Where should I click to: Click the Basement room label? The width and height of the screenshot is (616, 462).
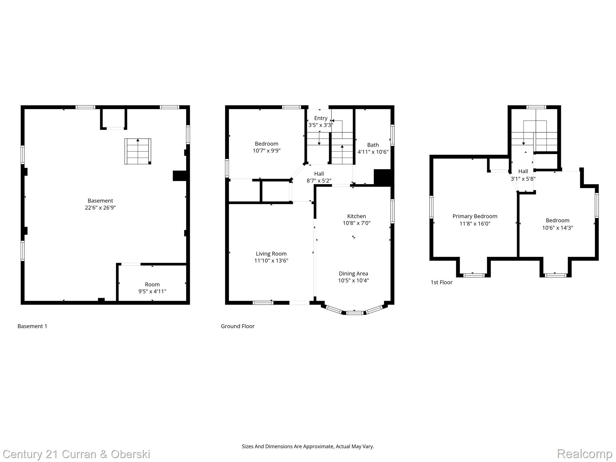coord(100,201)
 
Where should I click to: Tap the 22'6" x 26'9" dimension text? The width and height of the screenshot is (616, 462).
coord(100,208)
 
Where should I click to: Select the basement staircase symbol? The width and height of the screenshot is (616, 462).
coord(138,151)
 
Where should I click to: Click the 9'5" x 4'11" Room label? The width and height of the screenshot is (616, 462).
coord(152,288)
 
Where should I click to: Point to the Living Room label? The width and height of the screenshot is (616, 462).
coord(271,254)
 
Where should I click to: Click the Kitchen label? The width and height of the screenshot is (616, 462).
coord(356,216)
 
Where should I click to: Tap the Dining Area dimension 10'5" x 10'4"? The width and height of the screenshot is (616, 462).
coord(353,281)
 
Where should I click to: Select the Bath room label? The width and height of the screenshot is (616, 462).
coord(373,145)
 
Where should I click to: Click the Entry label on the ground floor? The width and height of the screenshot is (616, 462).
coord(321,118)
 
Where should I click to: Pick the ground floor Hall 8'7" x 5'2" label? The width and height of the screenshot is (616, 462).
coord(319,177)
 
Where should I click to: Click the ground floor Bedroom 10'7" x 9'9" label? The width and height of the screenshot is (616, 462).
coord(266,147)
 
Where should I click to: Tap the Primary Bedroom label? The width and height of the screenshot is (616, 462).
coord(475,216)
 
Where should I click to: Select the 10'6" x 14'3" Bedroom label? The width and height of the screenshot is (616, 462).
coord(557,224)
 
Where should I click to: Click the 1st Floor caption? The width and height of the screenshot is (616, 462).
coord(441,282)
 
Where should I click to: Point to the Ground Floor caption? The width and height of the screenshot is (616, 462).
coord(238,326)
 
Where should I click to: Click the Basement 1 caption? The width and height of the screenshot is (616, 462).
coord(32,326)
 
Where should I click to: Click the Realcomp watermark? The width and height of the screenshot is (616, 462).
coord(584,454)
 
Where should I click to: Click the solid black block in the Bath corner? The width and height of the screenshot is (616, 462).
coord(383,177)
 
